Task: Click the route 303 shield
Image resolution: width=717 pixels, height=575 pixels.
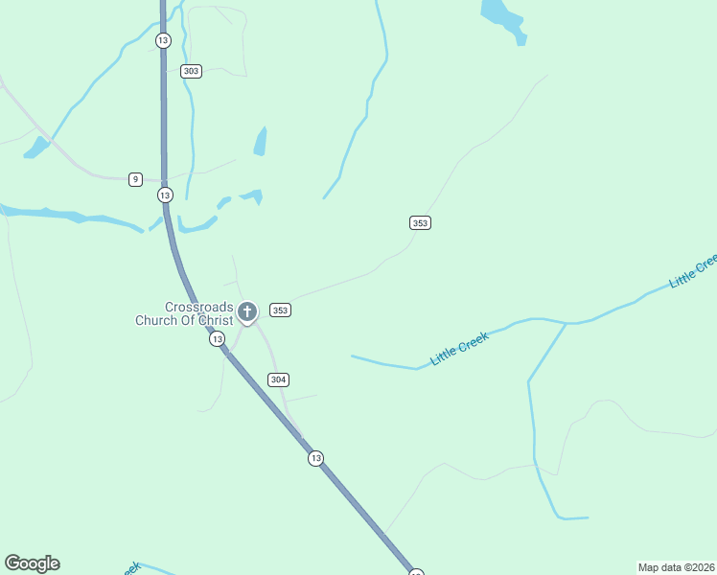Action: click(191, 71)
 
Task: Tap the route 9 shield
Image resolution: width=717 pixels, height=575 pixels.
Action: click(135, 179)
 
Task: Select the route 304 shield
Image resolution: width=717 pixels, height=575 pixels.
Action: click(278, 379)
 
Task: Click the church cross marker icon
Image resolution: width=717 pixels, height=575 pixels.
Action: click(247, 311)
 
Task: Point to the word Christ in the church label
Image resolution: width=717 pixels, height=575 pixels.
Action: click(210, 320)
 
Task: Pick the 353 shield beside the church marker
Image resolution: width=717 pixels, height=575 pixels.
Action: click(280, 310)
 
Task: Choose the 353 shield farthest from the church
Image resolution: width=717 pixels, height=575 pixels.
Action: click(419, 222)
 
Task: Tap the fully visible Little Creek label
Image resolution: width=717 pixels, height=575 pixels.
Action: click(460, 348)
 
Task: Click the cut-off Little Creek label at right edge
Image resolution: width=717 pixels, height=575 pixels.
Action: click(694, 271)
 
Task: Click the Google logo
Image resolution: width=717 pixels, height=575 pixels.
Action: click(32, 563)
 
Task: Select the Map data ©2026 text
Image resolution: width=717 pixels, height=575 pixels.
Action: click(675, 566)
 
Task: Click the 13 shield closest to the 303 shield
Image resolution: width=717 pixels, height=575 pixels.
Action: click(162, 40)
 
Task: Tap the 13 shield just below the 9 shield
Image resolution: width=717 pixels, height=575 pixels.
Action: click(165, 195)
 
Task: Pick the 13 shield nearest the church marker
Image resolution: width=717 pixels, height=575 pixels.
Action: click(218, 339)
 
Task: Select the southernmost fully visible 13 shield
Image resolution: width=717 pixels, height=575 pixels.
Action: click(315, 459)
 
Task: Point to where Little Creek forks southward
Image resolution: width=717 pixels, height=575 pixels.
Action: click(567, 324)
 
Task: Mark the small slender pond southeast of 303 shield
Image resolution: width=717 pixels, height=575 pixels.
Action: click(260, 141)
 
